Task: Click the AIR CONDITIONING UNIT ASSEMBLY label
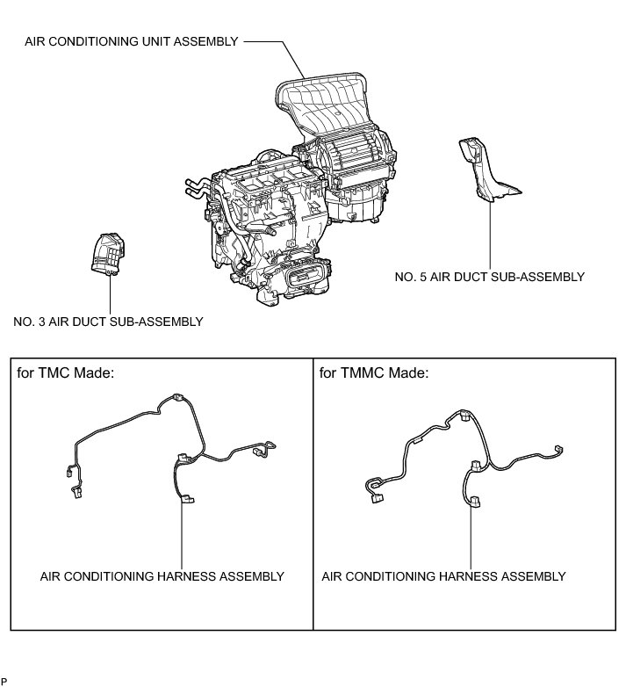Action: click(132, 40)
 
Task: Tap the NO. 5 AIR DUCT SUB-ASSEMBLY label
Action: click(489, 277)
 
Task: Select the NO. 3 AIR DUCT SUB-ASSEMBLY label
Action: click(108, 322)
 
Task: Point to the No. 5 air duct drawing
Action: click(484, 172)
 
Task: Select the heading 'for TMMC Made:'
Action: click(373, 372)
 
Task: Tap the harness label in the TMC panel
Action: click(162, 576)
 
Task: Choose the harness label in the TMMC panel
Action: click(443, 576)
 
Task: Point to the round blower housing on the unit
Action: click(356, 158)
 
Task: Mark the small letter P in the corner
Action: click(4, 681)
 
